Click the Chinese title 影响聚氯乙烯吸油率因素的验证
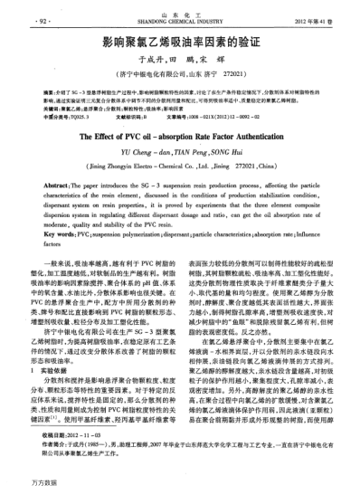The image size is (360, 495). (x=180, y=42)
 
